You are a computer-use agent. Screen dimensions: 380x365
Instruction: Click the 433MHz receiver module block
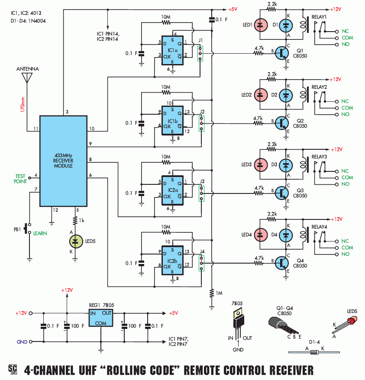(63, 161)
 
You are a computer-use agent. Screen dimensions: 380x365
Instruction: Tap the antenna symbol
(27, 78)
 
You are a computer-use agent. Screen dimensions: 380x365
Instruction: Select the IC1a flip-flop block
(172, 49)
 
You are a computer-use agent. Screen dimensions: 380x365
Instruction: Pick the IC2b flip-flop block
(172, 258)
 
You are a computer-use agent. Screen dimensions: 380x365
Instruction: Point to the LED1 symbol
(260, 25)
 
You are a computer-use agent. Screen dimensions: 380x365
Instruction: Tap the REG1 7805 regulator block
(100, 318)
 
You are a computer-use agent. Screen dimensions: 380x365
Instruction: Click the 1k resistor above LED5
(76, 221)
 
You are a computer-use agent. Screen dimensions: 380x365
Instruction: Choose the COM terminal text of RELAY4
(347, 248)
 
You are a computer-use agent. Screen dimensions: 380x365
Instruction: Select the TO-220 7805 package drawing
(237, 321)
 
